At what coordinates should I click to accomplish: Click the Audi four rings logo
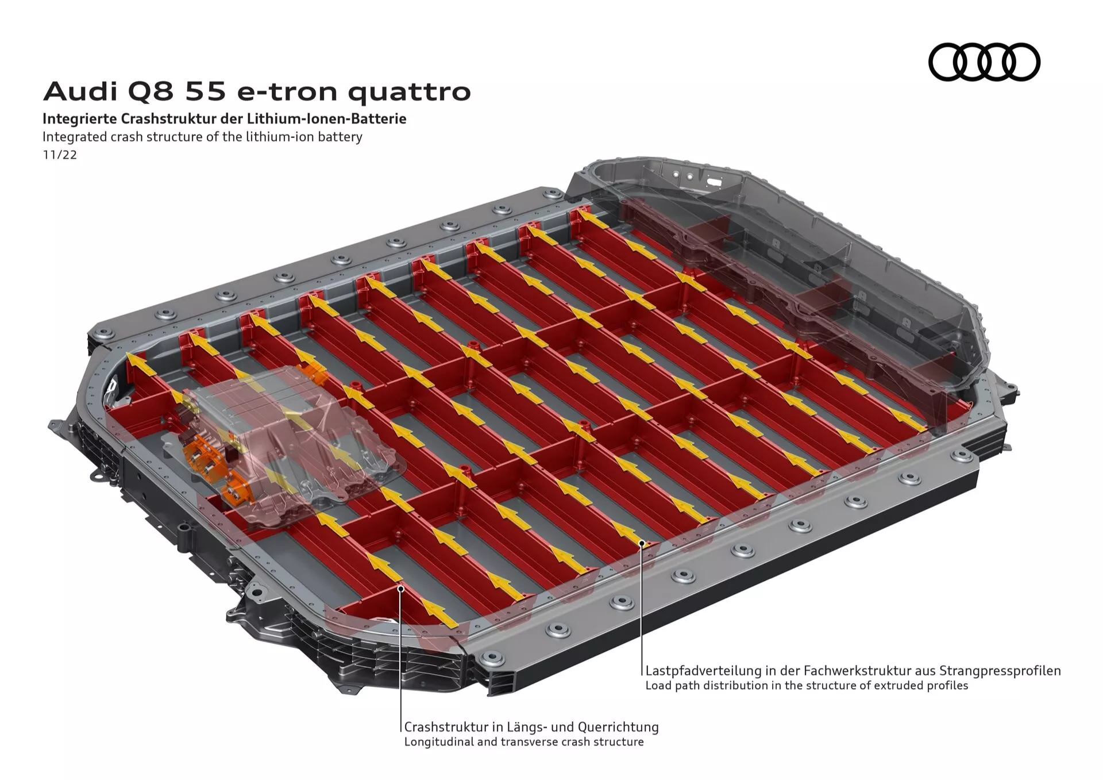point(984,62)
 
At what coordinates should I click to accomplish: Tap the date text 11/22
point(60,155)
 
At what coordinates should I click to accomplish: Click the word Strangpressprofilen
point(1000,670)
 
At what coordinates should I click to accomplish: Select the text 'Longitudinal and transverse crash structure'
point(523,741)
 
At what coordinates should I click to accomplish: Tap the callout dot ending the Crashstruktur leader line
point(401,588)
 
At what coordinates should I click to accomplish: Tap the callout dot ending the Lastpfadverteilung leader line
point(642,542)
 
